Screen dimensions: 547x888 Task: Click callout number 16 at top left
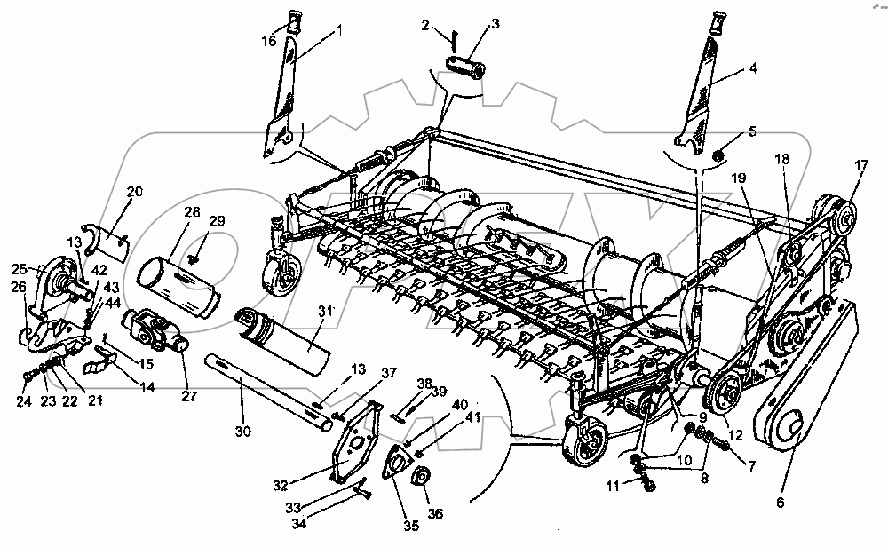click(269, 41)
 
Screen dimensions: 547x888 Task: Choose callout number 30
click(243, 432)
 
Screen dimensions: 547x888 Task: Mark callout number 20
click(134, 191)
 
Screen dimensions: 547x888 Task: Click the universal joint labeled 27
click(155, 330)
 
